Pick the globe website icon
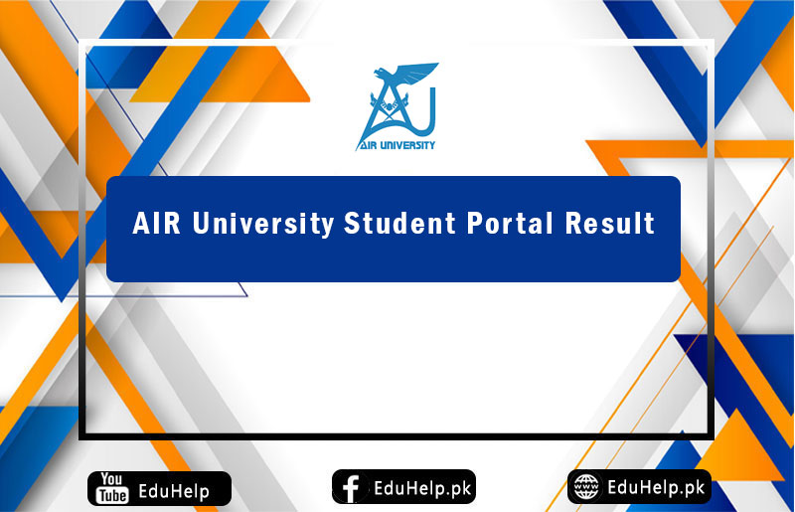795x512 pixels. tap(587, 487)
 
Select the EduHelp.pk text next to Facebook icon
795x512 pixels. tap(422, 488)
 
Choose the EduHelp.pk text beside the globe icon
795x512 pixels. tap(656, 487)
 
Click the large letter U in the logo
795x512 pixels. tap(417, 114)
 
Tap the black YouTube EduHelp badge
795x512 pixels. tap(159, 488)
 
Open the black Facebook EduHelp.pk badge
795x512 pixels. tap(403, 487)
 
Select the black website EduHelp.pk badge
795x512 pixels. tap(639, 487)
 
